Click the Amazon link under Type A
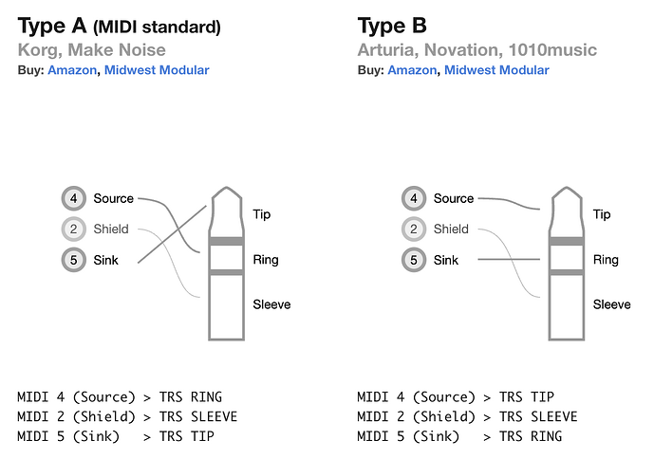(72, 70)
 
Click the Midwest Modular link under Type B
(496, 70)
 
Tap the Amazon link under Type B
(412, 70)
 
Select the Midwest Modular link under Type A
(157, 70)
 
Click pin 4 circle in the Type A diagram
(74, 198)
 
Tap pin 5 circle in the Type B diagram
(414, 260)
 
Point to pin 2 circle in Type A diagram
(74, 229)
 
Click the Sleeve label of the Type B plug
(612, 304)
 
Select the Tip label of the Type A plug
(262, 214)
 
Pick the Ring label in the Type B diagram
(606, 260)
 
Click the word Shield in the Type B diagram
(451, 229)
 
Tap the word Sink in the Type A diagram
(106, 260)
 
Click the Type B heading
(392, 26)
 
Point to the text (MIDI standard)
(157, 28)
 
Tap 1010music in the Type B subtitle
(552, 50)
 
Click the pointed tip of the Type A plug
(227, 188)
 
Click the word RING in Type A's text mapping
(207, 396)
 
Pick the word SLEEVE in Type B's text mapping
(554, 416)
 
